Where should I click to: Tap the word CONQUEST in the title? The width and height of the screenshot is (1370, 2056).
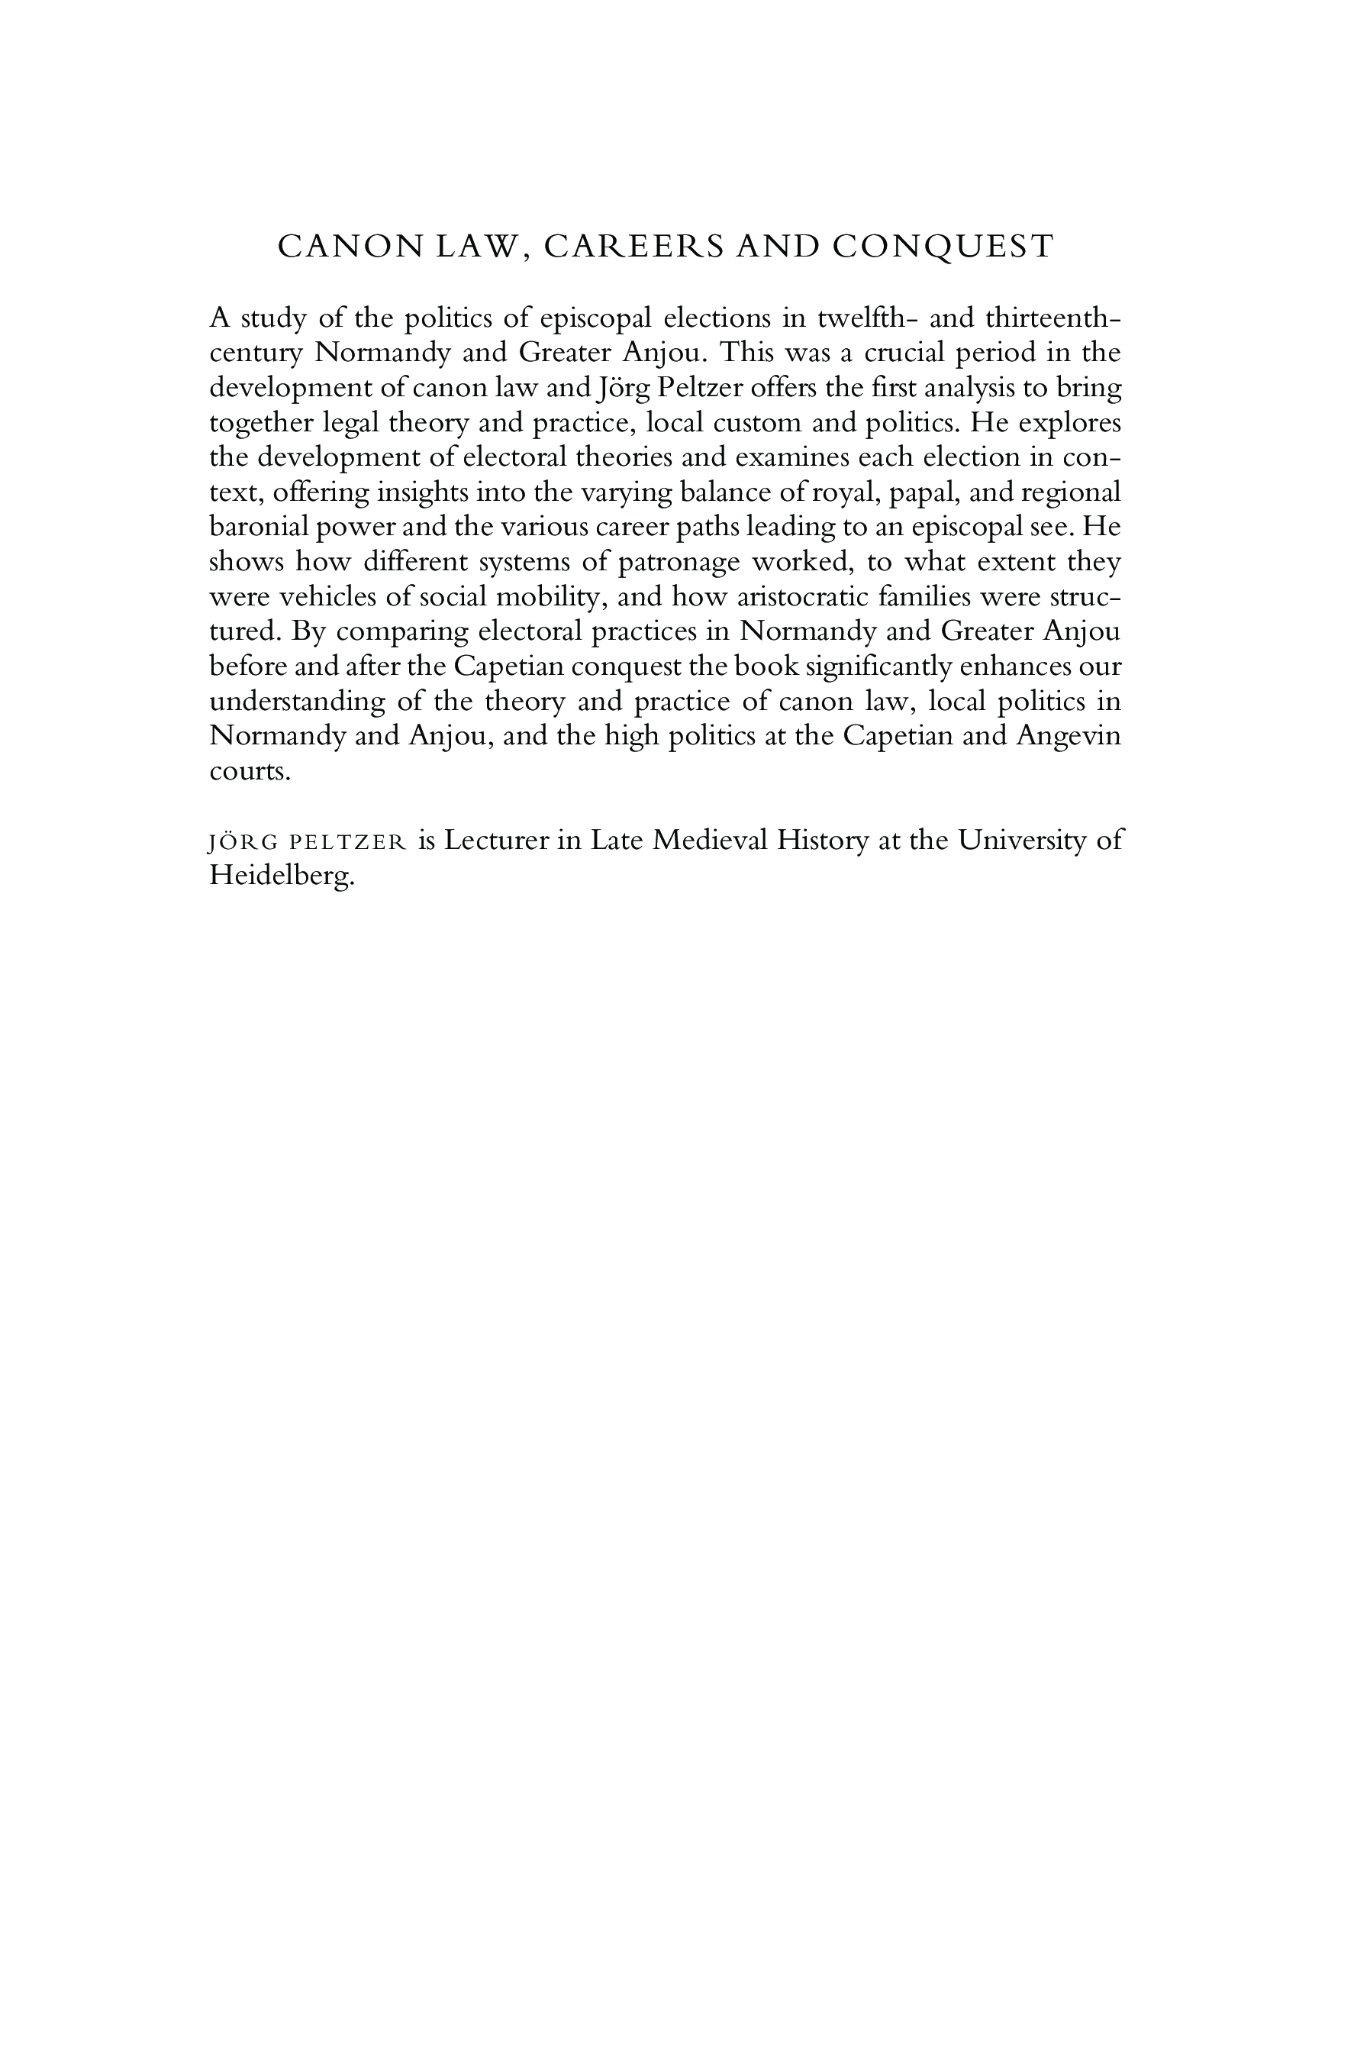click(x=943, y=247)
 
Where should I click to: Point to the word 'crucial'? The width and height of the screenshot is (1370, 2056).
click(x=912, y=352)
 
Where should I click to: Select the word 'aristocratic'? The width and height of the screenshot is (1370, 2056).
click(x=804, y=597)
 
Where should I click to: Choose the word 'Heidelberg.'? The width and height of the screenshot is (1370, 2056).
click(x=282, y=876)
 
